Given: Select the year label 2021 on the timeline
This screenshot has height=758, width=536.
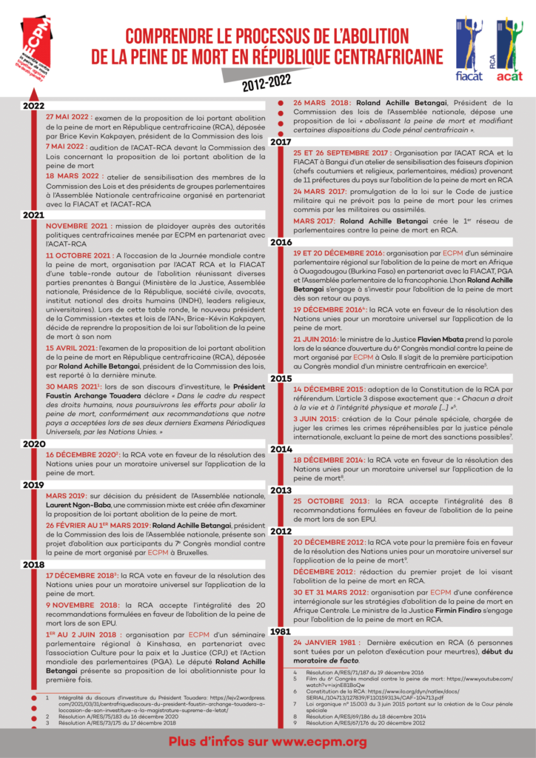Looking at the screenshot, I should [34, 215].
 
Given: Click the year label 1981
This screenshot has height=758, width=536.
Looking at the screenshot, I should [281, 631].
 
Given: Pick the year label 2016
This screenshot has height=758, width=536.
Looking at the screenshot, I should [281, 242].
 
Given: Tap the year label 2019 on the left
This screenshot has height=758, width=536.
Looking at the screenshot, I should [34, 485].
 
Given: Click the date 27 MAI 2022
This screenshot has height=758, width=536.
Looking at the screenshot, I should [69, 118].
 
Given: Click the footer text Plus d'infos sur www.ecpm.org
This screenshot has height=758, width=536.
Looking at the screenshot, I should [267, 742].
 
